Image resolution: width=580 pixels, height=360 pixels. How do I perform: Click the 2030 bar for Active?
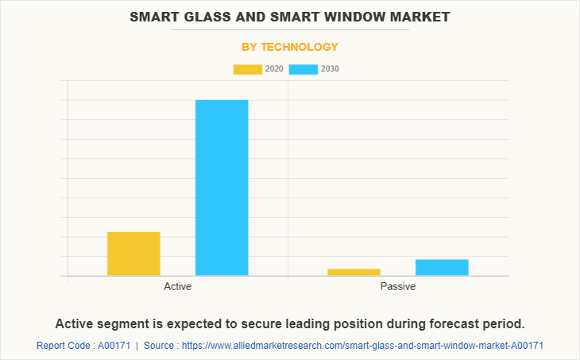point(222,188)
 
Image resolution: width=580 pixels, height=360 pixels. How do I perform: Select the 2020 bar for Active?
point(133,254)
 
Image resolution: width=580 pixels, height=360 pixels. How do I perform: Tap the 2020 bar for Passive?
point(354,272)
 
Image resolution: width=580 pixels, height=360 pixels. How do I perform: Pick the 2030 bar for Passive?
point(442,267)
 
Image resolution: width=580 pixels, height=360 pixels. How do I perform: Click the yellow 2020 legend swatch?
point(247,69)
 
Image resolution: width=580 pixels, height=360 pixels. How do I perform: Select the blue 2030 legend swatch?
point(304,69)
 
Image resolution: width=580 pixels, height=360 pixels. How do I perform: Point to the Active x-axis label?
point(177,286)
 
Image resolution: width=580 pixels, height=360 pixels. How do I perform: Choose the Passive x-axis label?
point(397,286)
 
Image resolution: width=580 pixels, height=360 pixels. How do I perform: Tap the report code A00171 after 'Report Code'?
point(113,346)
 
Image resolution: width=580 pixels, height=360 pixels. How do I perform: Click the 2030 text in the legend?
point(330,69)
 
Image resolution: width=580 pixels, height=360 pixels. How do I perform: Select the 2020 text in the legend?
point(274,69)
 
